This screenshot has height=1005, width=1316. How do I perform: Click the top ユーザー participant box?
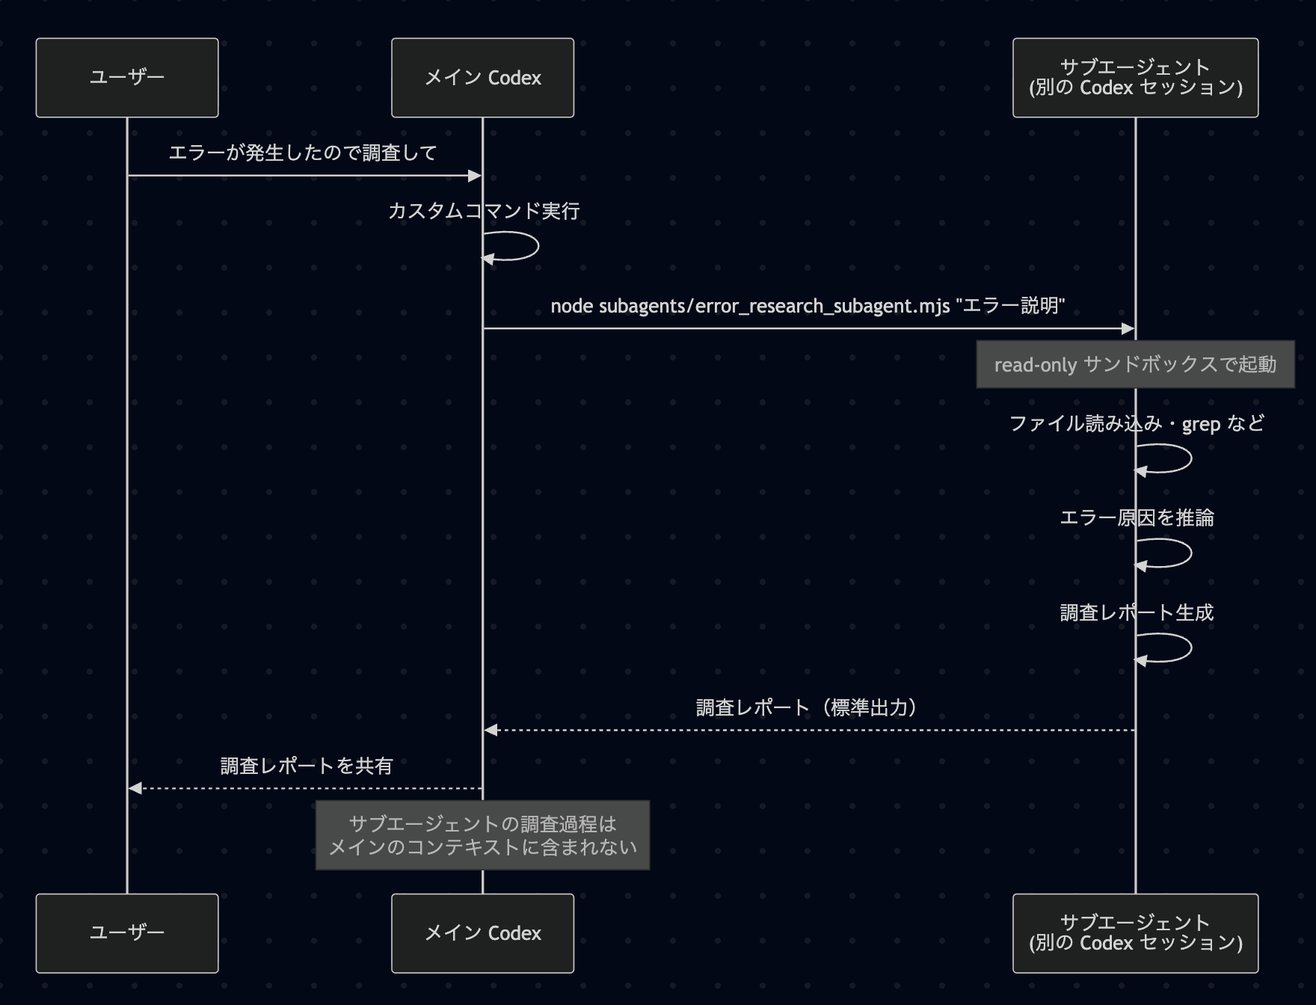(127, 78)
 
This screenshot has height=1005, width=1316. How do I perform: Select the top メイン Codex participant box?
(482, 78)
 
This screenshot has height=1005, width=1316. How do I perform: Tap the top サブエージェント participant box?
(1135, 78)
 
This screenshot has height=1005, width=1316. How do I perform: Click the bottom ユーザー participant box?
(127, 933)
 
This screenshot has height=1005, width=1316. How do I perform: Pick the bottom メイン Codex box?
(482, 933)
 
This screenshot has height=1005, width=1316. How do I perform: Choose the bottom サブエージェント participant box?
(1135, 933)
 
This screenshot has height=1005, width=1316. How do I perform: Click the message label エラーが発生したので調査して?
(303, 153)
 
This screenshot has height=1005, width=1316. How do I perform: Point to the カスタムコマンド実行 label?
(484, 212)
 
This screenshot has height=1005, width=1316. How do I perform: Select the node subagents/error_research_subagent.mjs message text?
(808, 306)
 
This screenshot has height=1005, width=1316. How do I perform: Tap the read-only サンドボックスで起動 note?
(1135, 365)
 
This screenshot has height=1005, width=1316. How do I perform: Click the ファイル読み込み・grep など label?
(1137, 424)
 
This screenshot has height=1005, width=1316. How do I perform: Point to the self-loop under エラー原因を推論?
(1177, 553)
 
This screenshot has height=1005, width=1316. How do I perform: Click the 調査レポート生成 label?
(1137, 613)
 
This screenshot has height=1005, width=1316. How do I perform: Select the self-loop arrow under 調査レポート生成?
(1177, 648)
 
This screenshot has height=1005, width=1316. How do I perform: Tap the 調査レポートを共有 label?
(306, 766)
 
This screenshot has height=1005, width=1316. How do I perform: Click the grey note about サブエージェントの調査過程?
(482, 835)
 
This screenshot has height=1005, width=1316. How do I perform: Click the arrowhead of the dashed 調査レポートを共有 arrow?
(135, 788)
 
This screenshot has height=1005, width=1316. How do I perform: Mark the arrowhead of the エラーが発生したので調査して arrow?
(475, 176)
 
